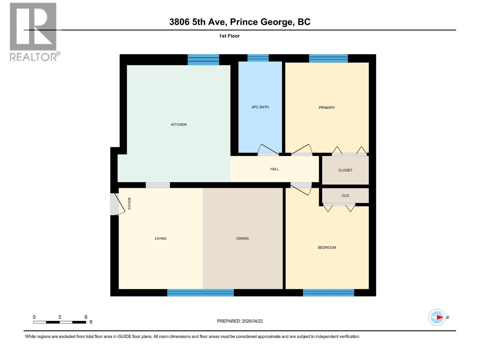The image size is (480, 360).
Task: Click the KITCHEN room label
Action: pos(179,124)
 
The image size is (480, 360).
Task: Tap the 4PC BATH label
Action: pos(260,107)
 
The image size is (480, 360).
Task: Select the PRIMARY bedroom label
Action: pos(327,108)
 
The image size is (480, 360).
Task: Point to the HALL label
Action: pos(274,169)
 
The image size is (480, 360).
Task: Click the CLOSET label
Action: pos(345,170)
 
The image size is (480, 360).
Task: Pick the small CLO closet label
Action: pos(345,196)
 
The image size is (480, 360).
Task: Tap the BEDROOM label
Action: pos(327,247)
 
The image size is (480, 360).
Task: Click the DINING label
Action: pos(242,238)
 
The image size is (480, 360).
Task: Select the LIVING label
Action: pos(160,238)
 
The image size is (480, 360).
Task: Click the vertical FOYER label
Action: pos(130,203)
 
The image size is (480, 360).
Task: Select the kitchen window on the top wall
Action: pos(203,59)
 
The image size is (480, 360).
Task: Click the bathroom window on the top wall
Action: pos(258,58)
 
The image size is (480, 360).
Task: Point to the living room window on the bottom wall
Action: pos(200,292)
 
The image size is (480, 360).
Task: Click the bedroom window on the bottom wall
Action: pos(328,292)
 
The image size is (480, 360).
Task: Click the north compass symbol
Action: pos(437,317)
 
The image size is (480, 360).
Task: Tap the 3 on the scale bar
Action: pos(59,317)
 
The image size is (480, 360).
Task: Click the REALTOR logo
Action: pos(34,31)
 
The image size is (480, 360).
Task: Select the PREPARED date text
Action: pos(240,321)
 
